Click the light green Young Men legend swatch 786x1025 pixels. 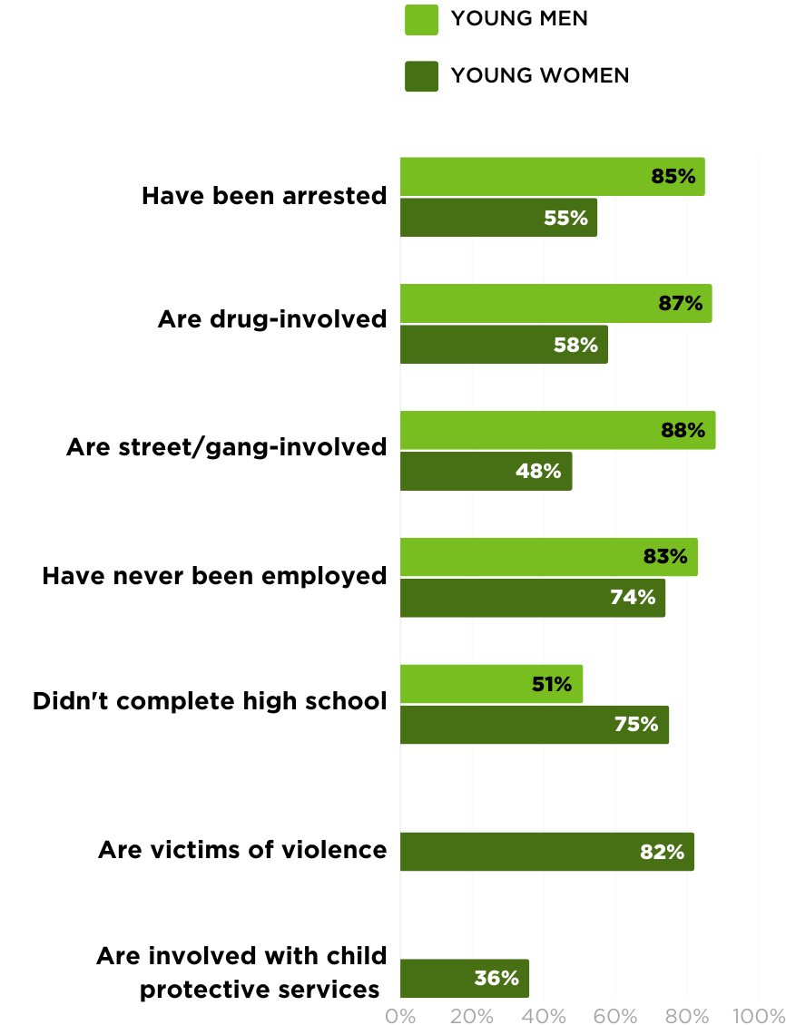[421, 20]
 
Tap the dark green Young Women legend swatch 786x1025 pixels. [421, 76]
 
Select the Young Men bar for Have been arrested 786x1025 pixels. [553, 177]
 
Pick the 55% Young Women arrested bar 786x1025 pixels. [498, 218]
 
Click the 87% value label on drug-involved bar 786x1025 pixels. [680, 303]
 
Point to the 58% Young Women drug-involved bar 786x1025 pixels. [504, 345]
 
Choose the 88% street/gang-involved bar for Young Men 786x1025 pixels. [558, 430]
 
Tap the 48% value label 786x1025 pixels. [538, 471]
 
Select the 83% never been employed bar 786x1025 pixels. [548, 557]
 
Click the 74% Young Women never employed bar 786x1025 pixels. [533, 598]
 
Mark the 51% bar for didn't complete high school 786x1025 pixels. [491, 684]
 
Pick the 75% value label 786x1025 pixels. [636, 724]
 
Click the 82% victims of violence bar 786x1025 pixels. [547, 852]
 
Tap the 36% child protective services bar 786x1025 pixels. [465, 979]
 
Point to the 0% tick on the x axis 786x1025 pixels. [400, 1016]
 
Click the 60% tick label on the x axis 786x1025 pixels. [615, 1016]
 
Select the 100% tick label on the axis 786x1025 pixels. [759, 1016]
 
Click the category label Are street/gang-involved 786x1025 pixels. [226, 448]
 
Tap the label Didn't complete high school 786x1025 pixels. [210, 701]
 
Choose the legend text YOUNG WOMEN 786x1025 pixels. [540, 76]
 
